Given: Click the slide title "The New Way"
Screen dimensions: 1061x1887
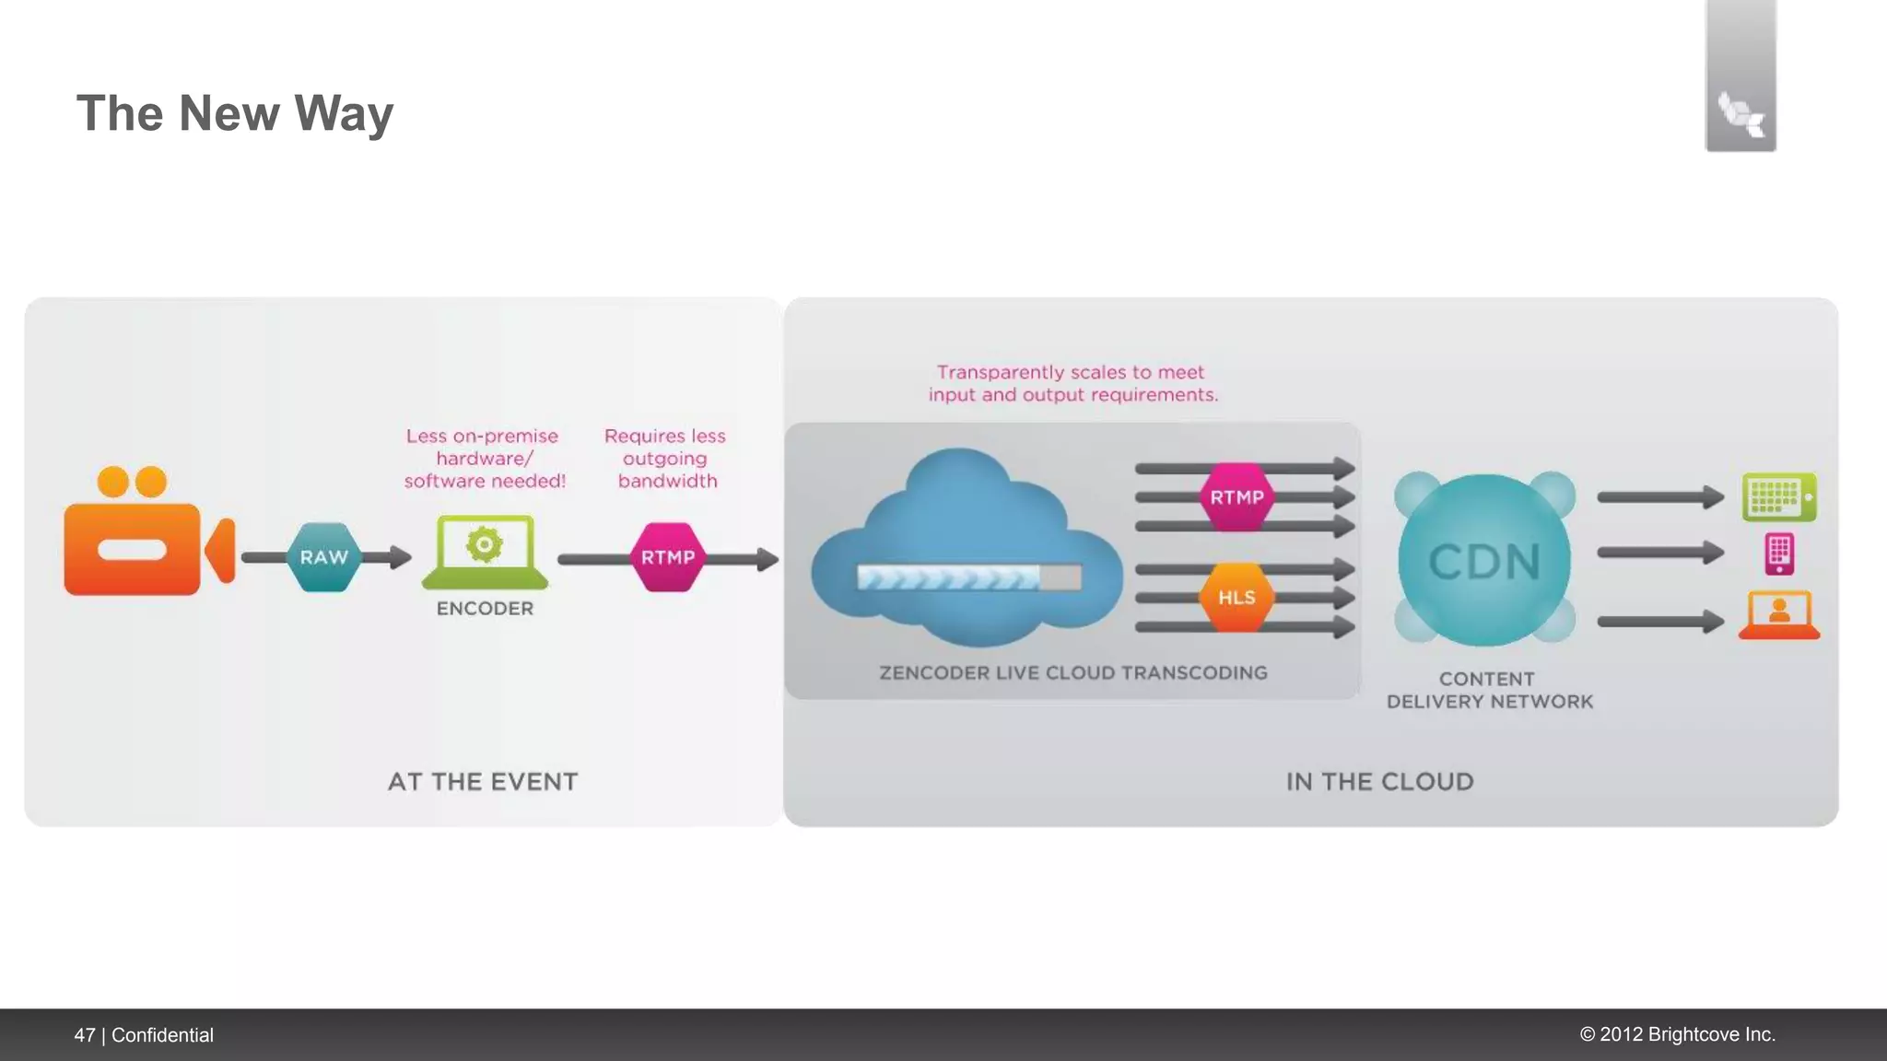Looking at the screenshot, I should pyautogui.click(x=234, y=113).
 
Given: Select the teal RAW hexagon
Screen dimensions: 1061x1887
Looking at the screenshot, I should pyautogui.click(x=323, y=557).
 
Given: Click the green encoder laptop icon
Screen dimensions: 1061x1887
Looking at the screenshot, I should pyautogui.click(x=485, y=552).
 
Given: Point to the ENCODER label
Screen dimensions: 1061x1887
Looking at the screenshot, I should pyautogui.click(x=485, y=609).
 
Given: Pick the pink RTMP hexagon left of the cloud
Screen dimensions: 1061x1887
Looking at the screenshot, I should pyautogui.click(x=668, y=557).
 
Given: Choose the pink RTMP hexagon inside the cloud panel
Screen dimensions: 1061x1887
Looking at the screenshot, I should pyautogui.click(x=1237, y=497).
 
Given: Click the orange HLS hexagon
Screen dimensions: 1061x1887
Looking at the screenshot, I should pyautogui.click(x=1237, y=598).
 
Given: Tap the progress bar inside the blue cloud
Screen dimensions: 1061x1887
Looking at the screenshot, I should pyautogui.click(x=968, y=577).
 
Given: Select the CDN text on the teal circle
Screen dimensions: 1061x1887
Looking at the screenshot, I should pyautogui.click(x=1484, y=561).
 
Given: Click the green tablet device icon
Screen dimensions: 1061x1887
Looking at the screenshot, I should pyautogui.click(x=1779, y=497).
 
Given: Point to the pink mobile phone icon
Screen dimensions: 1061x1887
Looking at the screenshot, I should pyautogui.click(x=1779, y=554).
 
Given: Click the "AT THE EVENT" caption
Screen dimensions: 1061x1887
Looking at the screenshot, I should pyautogui.click(x=483, y=782).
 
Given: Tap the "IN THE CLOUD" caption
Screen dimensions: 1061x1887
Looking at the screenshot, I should pyautogui.click(x=1379, y=782).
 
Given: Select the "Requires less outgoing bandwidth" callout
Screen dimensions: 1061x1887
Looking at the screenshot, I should pyautogui.click(x=665, y=458).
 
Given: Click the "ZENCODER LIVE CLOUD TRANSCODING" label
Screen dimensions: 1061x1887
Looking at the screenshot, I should pyautogui.click(x=1073, y=673).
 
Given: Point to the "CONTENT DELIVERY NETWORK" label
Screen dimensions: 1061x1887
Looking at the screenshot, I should pyautogui.click(x=1489, y=690).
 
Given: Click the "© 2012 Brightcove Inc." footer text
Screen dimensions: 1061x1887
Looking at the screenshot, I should pyautogui.click(x=1677, y=1034).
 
